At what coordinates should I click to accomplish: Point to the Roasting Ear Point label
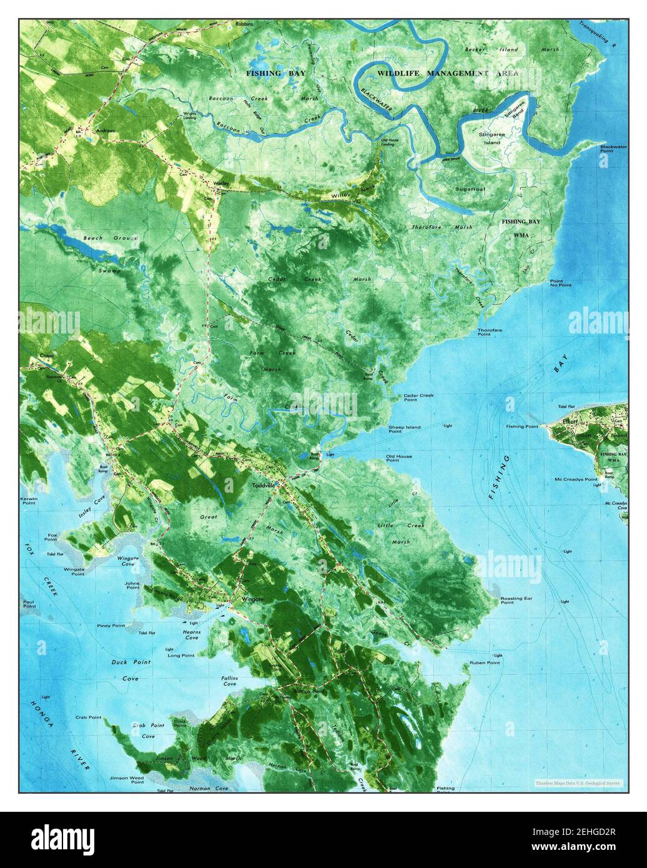click(x=516, y=601)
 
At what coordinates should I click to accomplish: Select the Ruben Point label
click(x=485, y=663)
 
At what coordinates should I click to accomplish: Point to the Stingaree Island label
click(x=492, y=138)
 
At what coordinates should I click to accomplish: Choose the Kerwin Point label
click(x=29, y=501)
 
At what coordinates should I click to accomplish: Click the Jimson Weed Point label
click(x=127, y=781)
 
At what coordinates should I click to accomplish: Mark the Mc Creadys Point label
click(x=576, y=480)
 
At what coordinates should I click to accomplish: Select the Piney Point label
click(x=111, y=625)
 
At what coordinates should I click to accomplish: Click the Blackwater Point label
click(x=613, y=150)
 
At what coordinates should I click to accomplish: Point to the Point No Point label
click(x=560, y=283)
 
